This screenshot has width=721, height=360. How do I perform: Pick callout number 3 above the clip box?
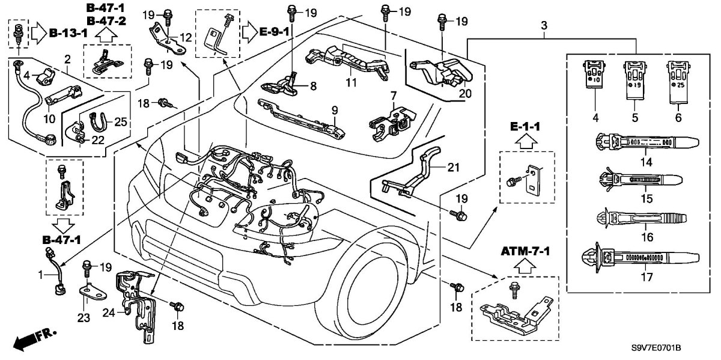pos(544,26)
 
